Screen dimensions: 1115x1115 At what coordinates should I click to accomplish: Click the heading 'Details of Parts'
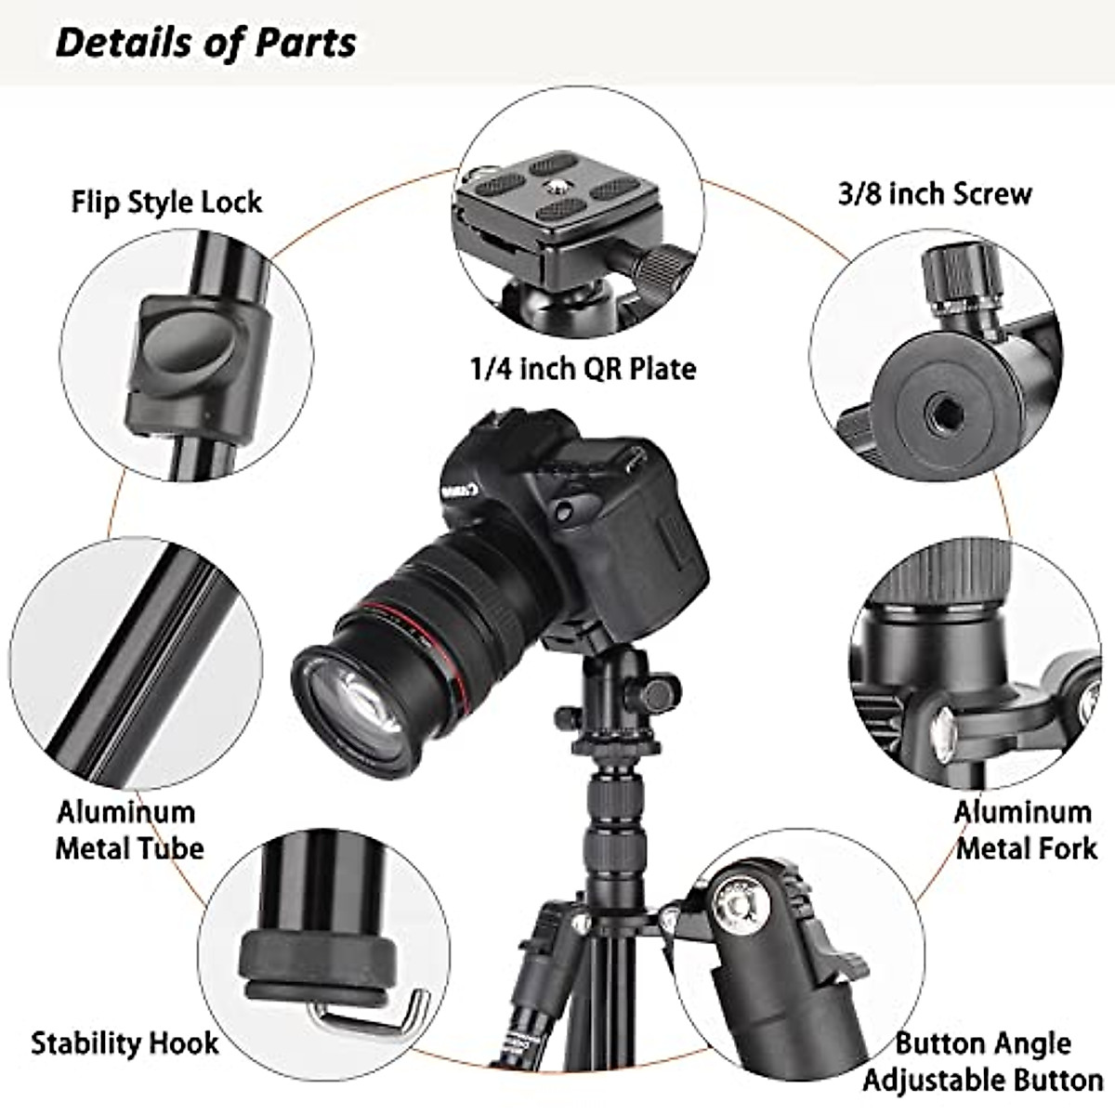pyautogui.click(x=205, y=43)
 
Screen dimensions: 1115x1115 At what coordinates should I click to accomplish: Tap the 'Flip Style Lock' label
pyautogui.click(x=166, y=202)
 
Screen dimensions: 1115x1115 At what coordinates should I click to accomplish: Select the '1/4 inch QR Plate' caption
pyautogui.click(x=582, y=369)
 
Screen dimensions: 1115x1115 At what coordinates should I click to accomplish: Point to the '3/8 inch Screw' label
pyautogui.click(x=935, y=194)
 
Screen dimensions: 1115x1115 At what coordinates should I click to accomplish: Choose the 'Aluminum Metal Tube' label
pyautogui.click(x=129, y=830)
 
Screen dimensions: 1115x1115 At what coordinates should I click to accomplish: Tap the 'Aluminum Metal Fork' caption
pyautogui.click(x=1024, y=830)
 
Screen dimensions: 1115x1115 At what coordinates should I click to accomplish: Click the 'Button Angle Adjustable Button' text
pyautogui.click(x=982, y=1061)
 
